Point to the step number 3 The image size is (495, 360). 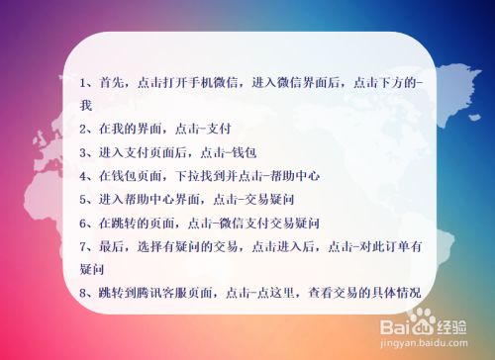[x=82, y=153]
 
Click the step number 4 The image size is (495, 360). [x=82, y=176]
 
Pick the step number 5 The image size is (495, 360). [x=82, y=199]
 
